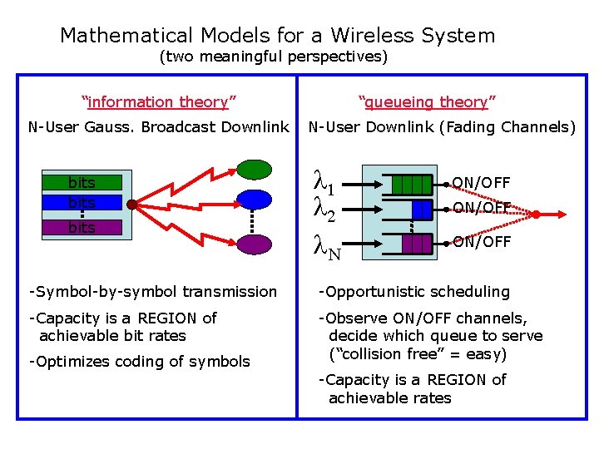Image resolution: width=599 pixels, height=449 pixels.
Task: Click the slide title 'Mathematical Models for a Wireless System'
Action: [x=277, y=36]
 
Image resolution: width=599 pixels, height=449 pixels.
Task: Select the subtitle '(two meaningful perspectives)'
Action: [x=273, y=57]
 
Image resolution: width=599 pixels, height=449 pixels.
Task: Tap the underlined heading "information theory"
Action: [x=159, y=102]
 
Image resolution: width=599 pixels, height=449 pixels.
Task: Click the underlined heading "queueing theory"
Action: [x=427, y=102]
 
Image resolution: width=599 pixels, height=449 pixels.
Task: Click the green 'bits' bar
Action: [x=82, y=183]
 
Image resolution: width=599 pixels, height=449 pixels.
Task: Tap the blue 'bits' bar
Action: [x=82, y=203]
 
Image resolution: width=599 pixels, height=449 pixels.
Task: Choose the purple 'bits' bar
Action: [x=82, y=227]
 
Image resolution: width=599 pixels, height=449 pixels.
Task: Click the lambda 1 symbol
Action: [x=325, y=180]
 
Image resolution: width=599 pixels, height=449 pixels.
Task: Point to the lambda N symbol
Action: [x=327, y=246]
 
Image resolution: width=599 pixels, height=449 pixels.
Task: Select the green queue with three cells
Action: [x=411, y=184]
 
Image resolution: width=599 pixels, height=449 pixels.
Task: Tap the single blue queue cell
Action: [x=422, y=208]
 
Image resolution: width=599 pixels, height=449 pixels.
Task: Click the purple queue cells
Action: [x=416, y=243]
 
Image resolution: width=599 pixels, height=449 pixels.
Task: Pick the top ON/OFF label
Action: [x=481, y=183]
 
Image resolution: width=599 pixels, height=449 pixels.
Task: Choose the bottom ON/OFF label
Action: [x=481, y=242]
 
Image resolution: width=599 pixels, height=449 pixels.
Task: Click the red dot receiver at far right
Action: [x=537, y=215]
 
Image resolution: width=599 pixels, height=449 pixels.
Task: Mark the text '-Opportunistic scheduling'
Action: [x=414, y=292]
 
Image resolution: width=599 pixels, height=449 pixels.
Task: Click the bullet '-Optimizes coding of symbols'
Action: [x=139, y=361]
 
